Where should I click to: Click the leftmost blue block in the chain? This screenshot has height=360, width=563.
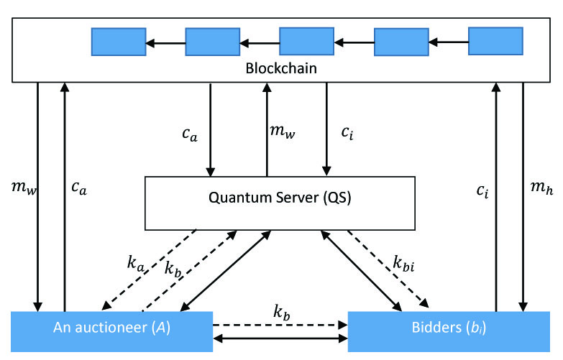[119, 42]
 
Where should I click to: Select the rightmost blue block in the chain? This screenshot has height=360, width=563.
[495, 40]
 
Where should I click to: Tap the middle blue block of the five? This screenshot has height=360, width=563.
[306, 41]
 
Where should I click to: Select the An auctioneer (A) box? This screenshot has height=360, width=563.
[111, 330]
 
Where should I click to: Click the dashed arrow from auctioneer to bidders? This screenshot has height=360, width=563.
[280, 324]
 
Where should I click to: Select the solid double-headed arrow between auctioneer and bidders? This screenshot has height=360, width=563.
[280, 337]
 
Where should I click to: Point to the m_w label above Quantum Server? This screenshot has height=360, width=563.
[282, 131]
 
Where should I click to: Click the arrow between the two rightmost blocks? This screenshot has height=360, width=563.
[448, 42]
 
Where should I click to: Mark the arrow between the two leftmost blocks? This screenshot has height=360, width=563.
[165, 43]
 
